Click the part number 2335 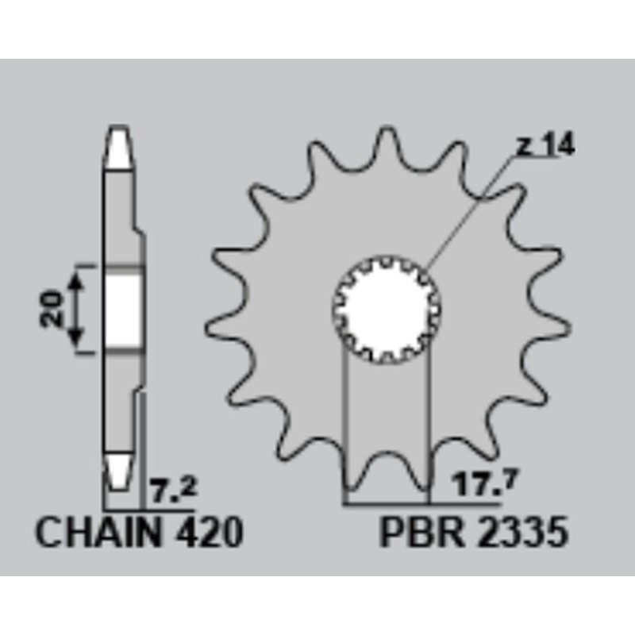524,533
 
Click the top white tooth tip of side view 118,147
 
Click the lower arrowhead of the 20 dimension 77,342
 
